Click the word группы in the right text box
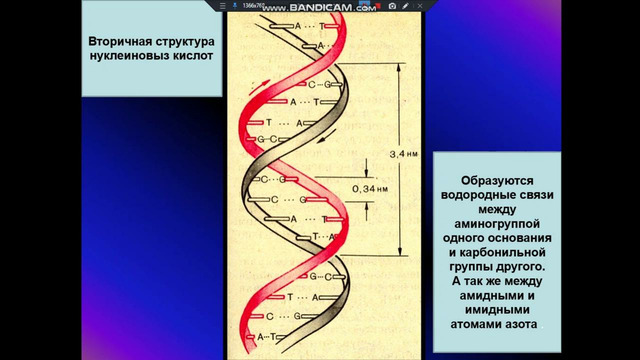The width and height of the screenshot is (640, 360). point(473,267)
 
